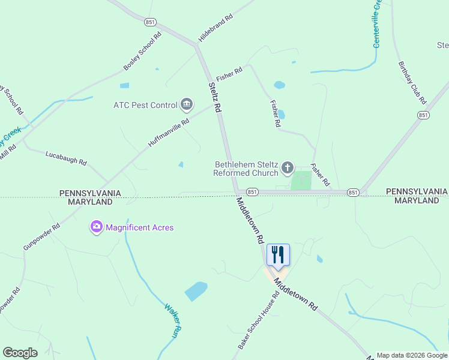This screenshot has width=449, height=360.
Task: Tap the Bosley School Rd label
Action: click(x=143, y=50)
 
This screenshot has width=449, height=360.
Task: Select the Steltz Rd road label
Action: click(x=215, y=97)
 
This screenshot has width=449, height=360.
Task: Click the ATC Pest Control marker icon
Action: click(x=187, y=105)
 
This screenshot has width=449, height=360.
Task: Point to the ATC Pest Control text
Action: click(x=145, y=105)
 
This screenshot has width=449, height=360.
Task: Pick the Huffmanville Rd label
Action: click(x=169, y=133)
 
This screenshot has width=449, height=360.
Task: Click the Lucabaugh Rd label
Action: click(x=66, y=159)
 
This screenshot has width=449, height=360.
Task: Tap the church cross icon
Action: click(x=288, y=167)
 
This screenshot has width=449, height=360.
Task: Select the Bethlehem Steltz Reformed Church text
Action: click(x=246, y=169)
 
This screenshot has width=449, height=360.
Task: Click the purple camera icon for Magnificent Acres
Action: click(x=96, y=227)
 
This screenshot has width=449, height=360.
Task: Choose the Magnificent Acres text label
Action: click(x=140, y=227)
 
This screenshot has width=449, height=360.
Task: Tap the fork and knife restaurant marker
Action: click(x=277, y=254)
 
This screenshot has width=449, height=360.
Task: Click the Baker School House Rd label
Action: click(x=259, y=320)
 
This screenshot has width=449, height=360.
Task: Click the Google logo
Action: click(x=20, y=353)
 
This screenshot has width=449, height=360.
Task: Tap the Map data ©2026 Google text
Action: click(x=412, y=355)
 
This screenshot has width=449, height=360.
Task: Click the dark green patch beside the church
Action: click(x=301, y=181)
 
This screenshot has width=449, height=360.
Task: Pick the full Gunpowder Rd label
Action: click(x=41, y=237)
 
